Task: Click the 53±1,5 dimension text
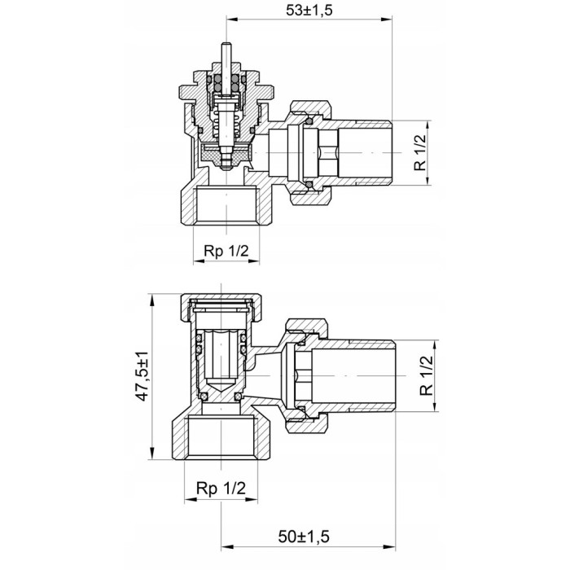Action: [x=309, y=10]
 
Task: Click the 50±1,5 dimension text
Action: [x=304, y=536]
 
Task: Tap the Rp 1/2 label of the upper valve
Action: [x=226, y=251]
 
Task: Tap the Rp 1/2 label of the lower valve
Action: [x=221, y=488]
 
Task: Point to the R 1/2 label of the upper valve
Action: [x=419, y=153]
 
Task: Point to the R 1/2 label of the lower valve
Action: [x=427, y=375]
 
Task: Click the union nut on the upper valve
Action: [x=310, y=153]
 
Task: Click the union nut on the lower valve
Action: [x=307, y=375]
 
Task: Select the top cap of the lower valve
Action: [x=221, y=307]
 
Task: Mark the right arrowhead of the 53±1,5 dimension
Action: [x=387, y=20]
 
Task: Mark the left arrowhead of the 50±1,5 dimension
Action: [x=227, y=546]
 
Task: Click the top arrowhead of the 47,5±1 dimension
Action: [x=151, y=300]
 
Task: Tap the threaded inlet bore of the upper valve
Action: [x=226, y=204]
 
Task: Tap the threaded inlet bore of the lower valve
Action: [x=221, y=439]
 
